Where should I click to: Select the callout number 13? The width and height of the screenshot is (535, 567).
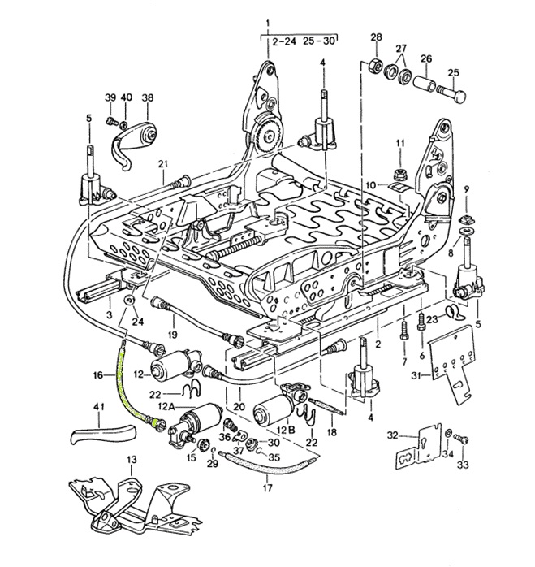[x=132, y=460]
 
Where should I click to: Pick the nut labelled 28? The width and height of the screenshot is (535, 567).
[x=375, y=64]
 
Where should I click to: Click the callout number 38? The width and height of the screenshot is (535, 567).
[x=147, y=98]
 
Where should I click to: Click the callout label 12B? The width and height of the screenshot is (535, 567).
[x=284, y=428]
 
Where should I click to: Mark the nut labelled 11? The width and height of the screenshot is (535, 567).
[x=399, y=173]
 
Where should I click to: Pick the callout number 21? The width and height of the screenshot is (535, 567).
[x=162, y=165]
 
